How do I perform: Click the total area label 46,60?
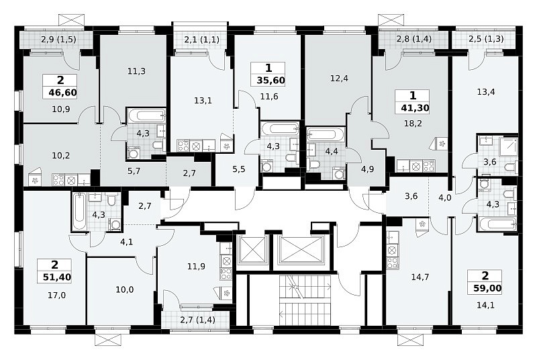pyautogui.click(x=62, y=93)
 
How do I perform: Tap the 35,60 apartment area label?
pyautogui.click(x=271, y=81)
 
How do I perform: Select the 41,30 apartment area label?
pyautogui.click(x=415, y=108)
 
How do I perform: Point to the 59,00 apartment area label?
pyautogui.click(x=487, y=288)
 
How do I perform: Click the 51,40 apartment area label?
pyautogui.click(x=57, y=277)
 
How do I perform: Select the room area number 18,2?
pyautogui.click(x=413, y=124)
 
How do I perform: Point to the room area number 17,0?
pyautogui.click(x=57, y=295)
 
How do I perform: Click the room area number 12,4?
pyautogui.click(x=339, y=79)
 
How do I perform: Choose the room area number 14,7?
pyautogui.click(x=420, y=277)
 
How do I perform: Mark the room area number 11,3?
pyautogui.click(x=137, y=71)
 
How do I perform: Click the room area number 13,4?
pyautogui.click(x=486, y=92)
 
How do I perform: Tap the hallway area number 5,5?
pyautogui.click(x=239, y=169)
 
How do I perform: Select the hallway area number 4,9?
pyautogui.click(x=367, y=169)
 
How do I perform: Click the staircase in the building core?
pyautogui.click(x=305, y=300)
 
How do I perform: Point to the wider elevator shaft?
pyautogui.click(x=301, y=250)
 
